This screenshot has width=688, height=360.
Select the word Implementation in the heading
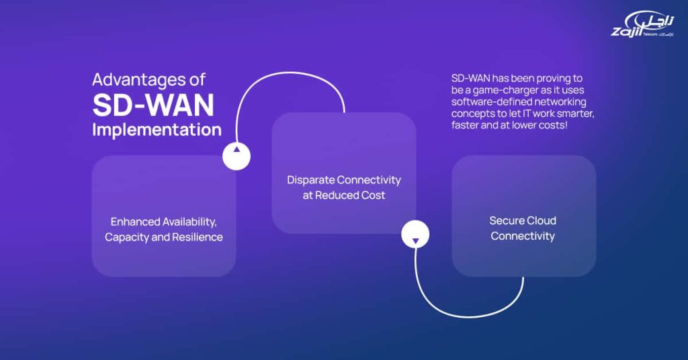157,129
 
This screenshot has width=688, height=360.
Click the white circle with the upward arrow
236,156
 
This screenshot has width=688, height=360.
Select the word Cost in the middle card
373,195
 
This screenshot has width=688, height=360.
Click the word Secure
507,220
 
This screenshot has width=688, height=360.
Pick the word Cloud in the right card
542,220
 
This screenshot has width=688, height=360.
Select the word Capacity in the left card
128,237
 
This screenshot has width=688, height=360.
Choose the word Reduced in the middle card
340,195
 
